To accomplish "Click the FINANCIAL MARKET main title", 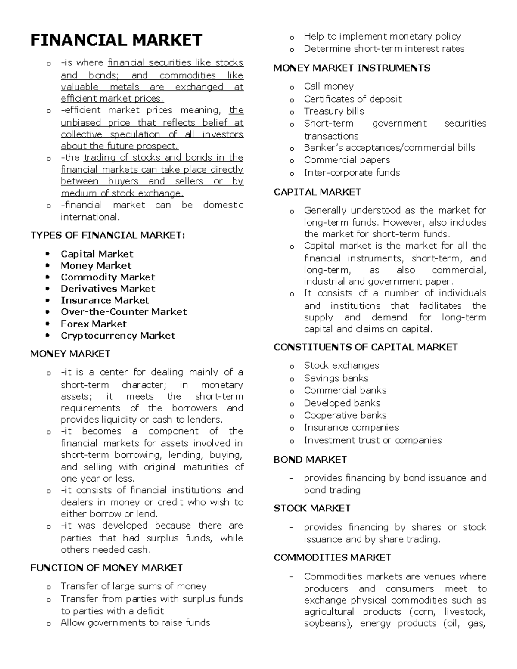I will (116, 40).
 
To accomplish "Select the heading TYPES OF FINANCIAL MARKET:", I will (108, 235).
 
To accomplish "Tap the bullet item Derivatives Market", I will (108, 289).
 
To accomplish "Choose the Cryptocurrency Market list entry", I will (118, 336).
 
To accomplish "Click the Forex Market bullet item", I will (93, 324).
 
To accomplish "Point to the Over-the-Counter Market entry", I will (124, 312).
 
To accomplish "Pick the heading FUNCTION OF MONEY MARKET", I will (106, 568).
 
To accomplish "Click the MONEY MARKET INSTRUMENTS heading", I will (352, 68).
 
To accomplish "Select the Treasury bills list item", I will (334, 111).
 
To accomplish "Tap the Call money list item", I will (329, 87).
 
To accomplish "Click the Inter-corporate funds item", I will (352, 173).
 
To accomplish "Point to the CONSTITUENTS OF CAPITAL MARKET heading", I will (365, 347).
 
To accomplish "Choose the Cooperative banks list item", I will (345, 415).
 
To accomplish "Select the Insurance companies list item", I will (351, 427).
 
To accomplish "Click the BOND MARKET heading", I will (310, 460).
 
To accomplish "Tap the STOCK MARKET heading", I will (312, 508).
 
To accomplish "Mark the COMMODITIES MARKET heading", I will (332, 557).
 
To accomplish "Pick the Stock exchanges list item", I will (342, 366).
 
